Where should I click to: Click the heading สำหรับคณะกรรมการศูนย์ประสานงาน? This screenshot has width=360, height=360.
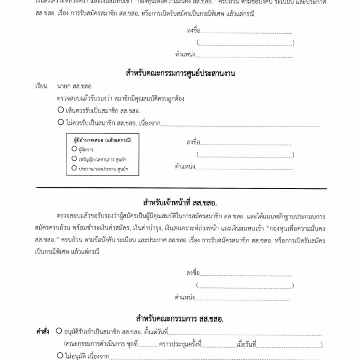coord(180,73)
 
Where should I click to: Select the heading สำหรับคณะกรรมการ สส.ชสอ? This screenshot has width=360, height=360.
coord(180,319)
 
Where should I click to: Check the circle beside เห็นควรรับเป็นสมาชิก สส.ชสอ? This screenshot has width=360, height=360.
coord(60,110)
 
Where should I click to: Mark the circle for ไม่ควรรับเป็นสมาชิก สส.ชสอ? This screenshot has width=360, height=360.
coord(60,123)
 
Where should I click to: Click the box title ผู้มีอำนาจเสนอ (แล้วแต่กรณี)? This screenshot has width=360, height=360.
coord(98,139)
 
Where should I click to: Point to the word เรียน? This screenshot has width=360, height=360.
coord(40,88)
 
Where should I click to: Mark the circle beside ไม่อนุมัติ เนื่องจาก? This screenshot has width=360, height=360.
coord(60,355)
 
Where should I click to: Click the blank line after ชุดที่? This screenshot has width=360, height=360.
coord(148,345)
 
